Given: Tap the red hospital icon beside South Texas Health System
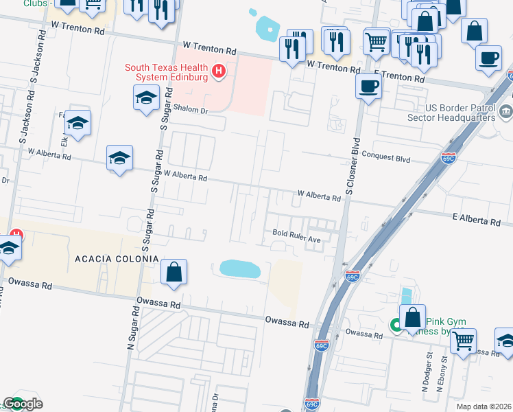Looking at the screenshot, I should pyautogui.click(x=219, y=70).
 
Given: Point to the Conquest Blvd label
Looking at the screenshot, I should pyautogui.click(x=386, y=157).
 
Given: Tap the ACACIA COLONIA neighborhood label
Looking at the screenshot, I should pyautogui.click(x=117, y=259).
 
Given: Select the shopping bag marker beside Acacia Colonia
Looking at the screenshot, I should pyautogui.click(x=174, y=272).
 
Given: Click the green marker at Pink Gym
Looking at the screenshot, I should pyautogui.click(x=396, y=325).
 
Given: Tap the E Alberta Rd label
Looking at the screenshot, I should pyautogui.click(x=476, y=220).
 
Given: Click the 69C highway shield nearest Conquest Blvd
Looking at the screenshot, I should pyautogui.click(x=449, y=158).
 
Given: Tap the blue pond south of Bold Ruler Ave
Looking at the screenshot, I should pyautogui.click(x=240, y=268).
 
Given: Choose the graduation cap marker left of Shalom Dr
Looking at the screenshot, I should pyautogui.click(x=146, y=100).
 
